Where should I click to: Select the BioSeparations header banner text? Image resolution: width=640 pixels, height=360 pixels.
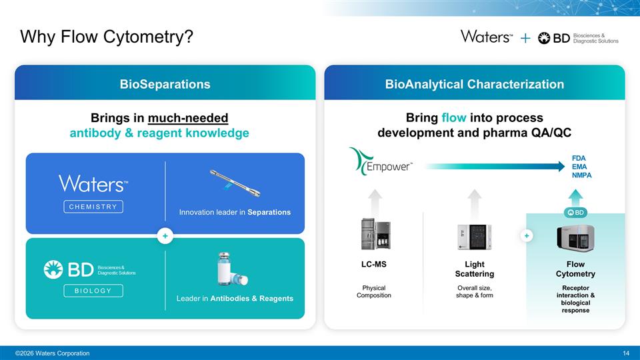[165, 84]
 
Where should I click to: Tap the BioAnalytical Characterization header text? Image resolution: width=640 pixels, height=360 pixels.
[474, 84]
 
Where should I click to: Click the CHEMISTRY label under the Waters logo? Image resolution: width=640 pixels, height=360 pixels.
[93, 207]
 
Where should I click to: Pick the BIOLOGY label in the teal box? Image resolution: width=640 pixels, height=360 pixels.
[93, 291]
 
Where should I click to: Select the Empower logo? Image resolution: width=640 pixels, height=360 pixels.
[382, 163]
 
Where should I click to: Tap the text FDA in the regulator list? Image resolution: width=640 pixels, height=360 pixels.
[579, 158]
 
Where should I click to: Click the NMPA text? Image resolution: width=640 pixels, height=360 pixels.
[581, 175]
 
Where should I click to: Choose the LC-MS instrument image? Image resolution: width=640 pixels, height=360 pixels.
[374, 235]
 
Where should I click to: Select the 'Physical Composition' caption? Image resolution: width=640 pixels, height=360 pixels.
[374, 291]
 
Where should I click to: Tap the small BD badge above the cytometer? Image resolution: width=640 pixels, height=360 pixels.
[575, 213]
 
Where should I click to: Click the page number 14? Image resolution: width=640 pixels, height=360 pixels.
[625, 353]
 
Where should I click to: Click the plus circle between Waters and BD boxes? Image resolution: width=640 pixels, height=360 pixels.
[165, 235]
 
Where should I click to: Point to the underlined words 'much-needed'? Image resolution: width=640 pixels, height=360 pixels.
[188, 119]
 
